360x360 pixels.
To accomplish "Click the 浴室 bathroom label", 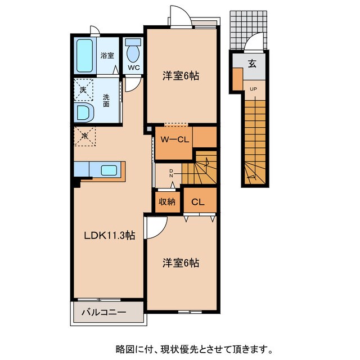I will [107, 55].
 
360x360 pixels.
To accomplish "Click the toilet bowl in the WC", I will [134, 53].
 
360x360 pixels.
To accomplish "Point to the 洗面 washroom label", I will [106, 100].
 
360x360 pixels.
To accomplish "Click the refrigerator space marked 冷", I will [85, 135].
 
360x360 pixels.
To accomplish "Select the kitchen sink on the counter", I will [108, 169].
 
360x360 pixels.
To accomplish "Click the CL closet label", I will [198, 202].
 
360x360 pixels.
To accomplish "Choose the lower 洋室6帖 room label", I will [181, 262].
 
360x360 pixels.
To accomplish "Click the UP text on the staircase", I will [253, 89].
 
